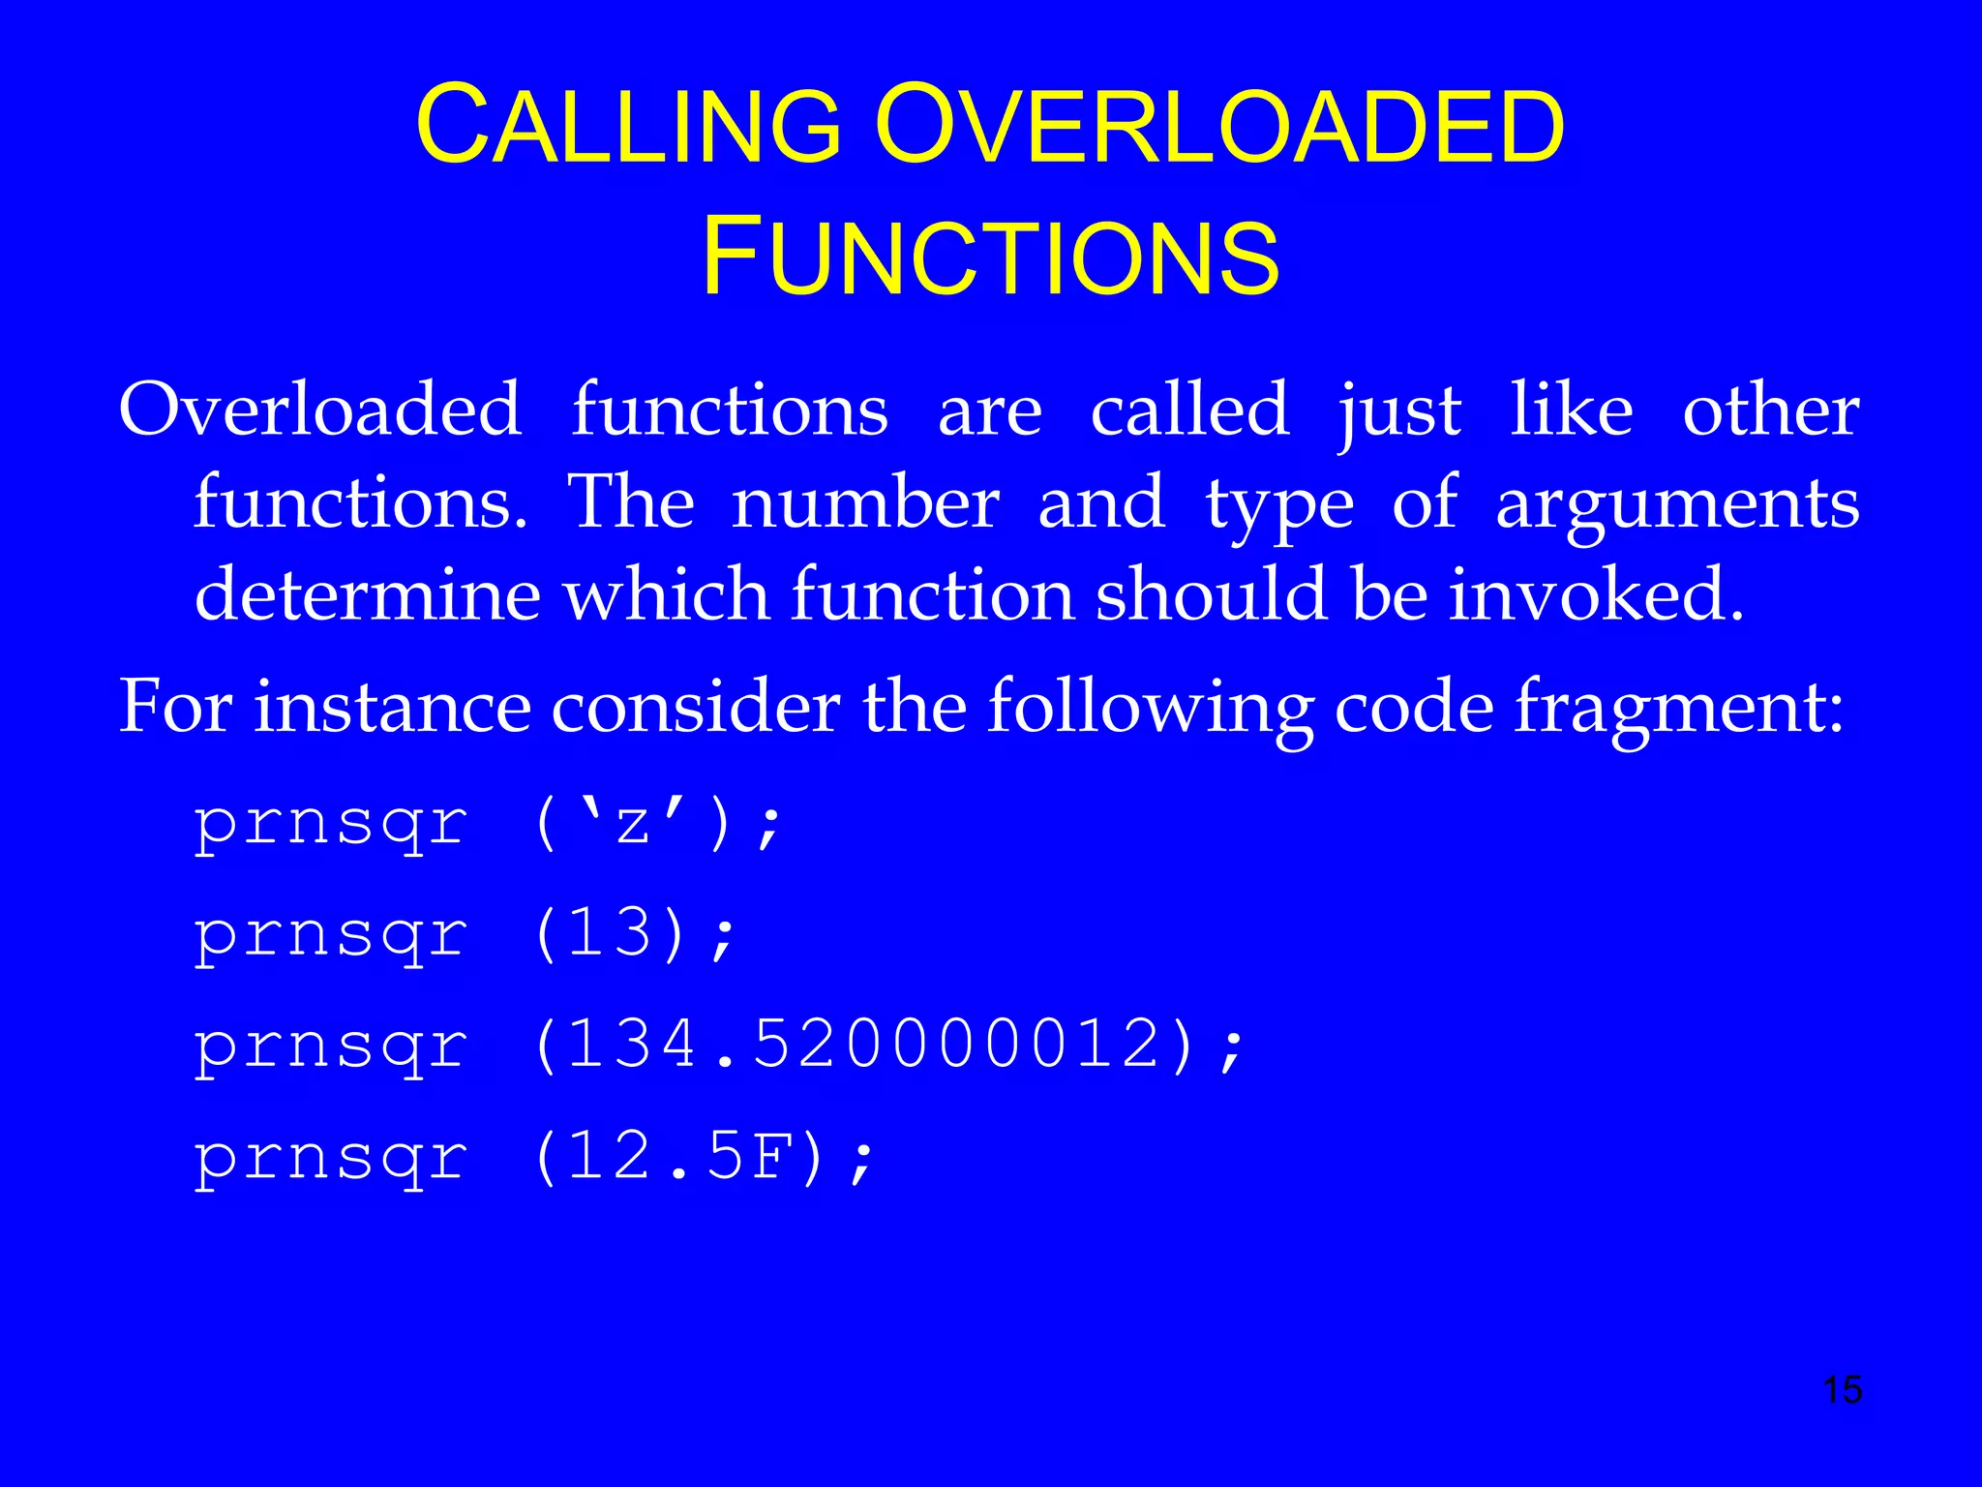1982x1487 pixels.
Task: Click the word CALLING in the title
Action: pyautogui.click(x=629, y=126)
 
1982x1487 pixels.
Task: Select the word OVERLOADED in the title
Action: pyautogui.click(x=1219, y=126)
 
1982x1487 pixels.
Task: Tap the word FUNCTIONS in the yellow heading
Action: pyautogui.click(x=990, y=257)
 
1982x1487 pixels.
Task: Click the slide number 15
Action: pyautogui.click(x=1842, y=1390)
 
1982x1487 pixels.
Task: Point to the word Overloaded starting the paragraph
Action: pyautogui.click(x=319, y=410)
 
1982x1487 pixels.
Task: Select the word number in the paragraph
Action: pyautogui.click(x=865, y=502)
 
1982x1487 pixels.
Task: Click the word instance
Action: pyautogui.click(x=392, y=706)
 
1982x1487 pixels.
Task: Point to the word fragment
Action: pyautogui.click(x=1679, y=708)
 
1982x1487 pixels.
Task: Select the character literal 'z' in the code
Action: pyautogui.click(x=634, y=824)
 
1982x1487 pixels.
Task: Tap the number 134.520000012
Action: pyautogui.click(x=864, y=1046)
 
